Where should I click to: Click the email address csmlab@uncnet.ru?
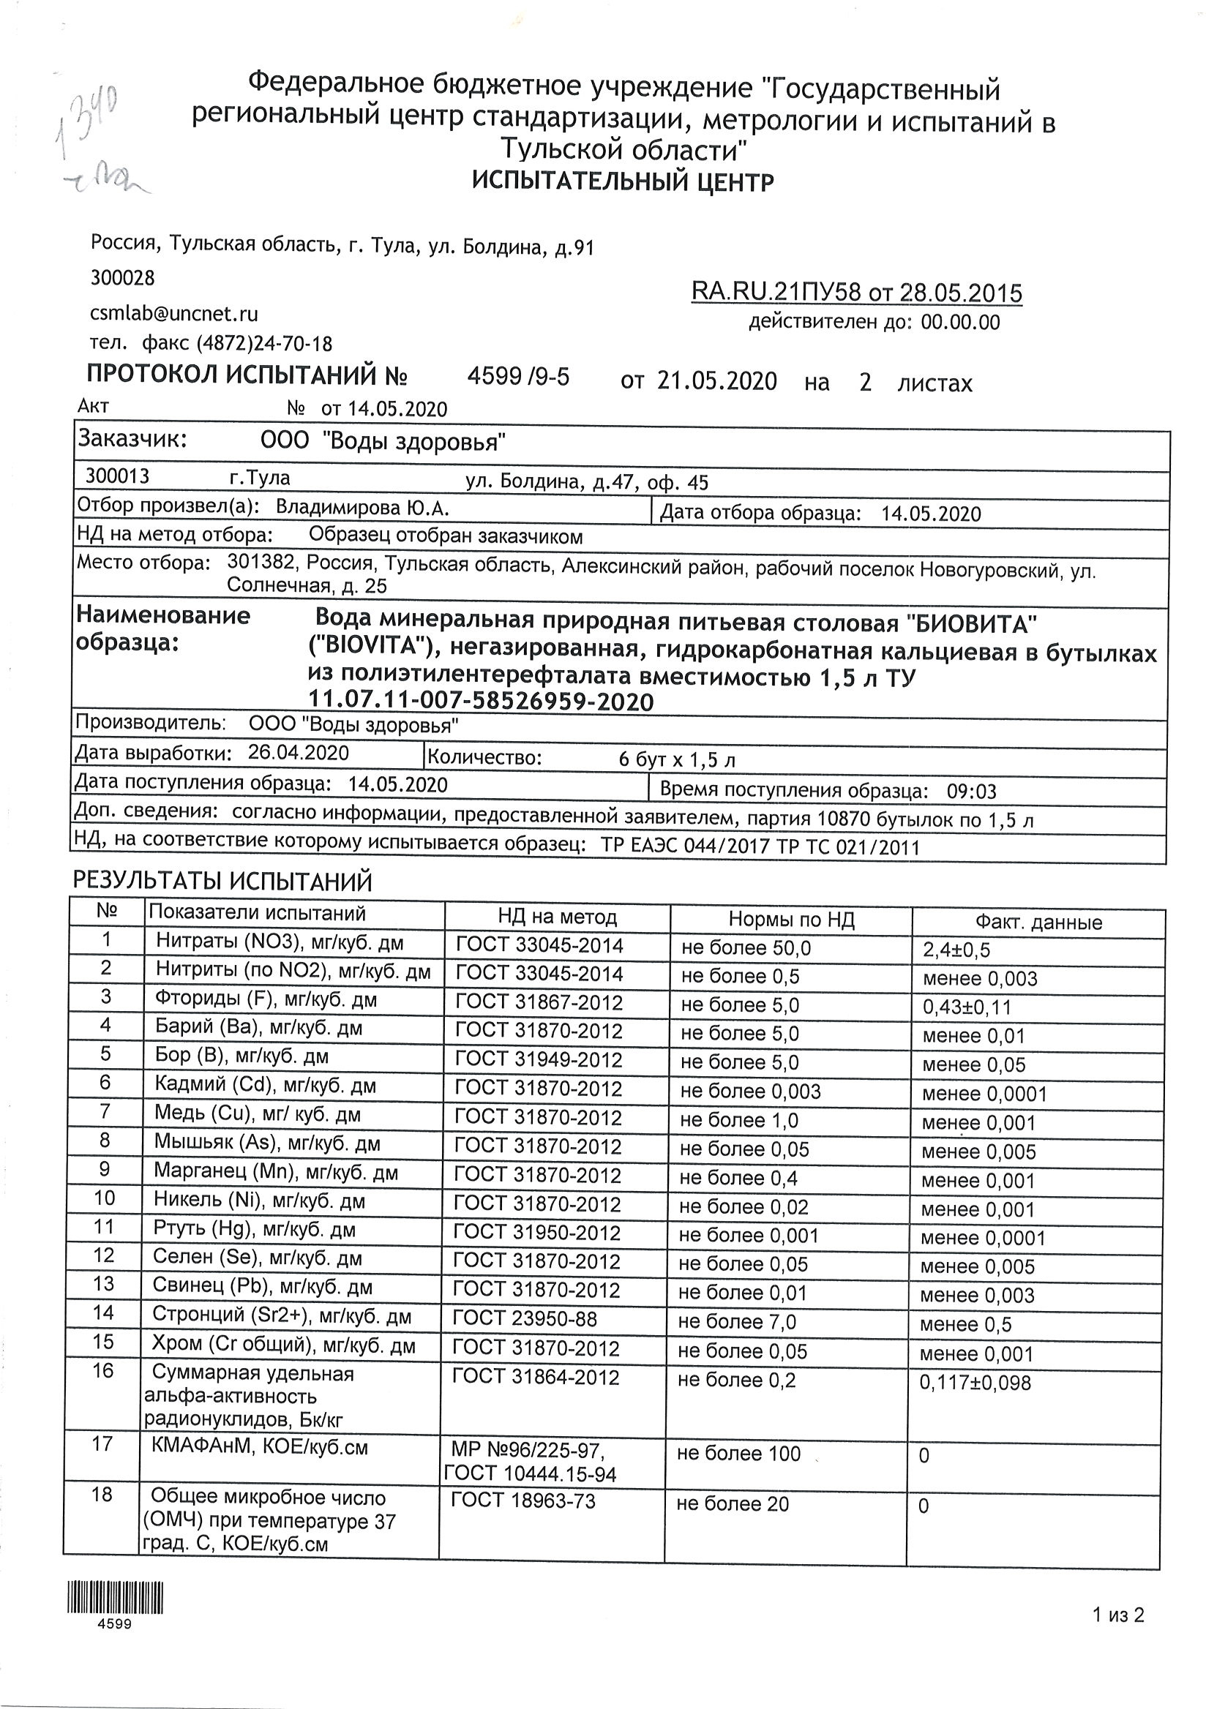[x=173, y=313]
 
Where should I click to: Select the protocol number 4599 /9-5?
[x=518, y=378]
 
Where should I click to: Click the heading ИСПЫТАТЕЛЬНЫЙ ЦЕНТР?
[x=623, y=181]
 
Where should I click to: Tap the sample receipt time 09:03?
[x=971, y=792]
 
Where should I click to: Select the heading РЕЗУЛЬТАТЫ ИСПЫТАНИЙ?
[x=222, y=882]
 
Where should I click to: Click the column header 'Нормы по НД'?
[x=790, y=920]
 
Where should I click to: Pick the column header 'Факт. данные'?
[x=1038, y=923]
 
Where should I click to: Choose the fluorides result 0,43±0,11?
[x=966, y=1007]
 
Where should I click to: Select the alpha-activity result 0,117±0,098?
[x=975, y=1383]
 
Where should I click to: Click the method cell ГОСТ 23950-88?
[x=525, y=1319]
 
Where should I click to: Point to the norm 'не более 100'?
[x=738, y=1454]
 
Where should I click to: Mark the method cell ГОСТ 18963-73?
[x=523, y=1500]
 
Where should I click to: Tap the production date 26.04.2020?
[x=298, y=753]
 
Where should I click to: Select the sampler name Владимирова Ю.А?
[x=362, y=508]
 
